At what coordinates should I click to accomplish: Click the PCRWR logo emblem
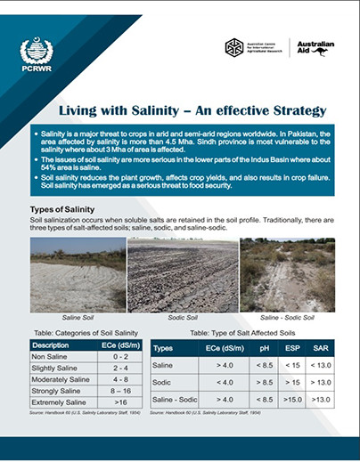[x=29, y=50]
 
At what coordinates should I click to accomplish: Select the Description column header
[x=51, y=344]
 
